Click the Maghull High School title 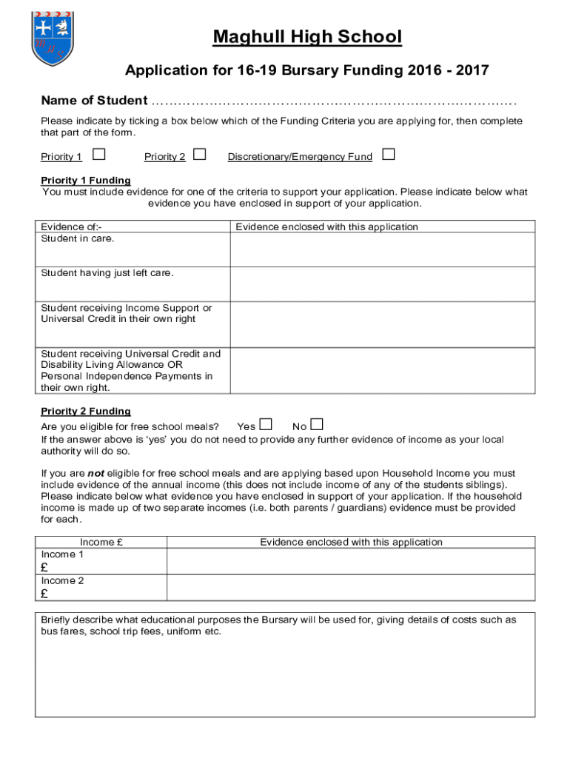pos(307,36)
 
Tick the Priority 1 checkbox pos(98,155)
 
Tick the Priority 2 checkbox pos(199,155)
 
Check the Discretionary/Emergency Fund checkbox pos(388,155)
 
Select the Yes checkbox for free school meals pos(266,425)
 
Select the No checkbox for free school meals pos(317,425)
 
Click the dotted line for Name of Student pos(332,101)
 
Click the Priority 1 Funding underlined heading pos(86,181)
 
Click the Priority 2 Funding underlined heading pos(86,412)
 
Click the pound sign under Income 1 pos(44,568)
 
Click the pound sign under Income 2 pos(44,594)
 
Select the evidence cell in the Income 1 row pos(351,561)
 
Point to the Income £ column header pos(101,543)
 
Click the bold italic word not pos(96,473)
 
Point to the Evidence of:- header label pos(72,227)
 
